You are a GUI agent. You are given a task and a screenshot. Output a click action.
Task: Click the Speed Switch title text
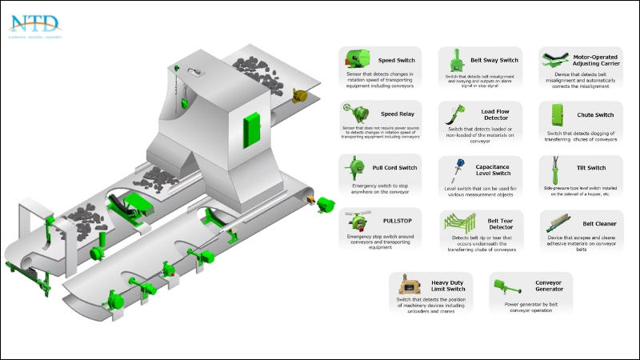pos(397,60)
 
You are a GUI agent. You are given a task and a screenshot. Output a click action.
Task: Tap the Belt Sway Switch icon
pos(457,61)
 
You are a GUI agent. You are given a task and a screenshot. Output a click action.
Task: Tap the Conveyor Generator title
pos(550,285)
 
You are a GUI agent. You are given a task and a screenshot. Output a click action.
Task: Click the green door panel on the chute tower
pos(254,126)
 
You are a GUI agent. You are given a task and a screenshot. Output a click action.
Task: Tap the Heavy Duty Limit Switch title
pos(454,285)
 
